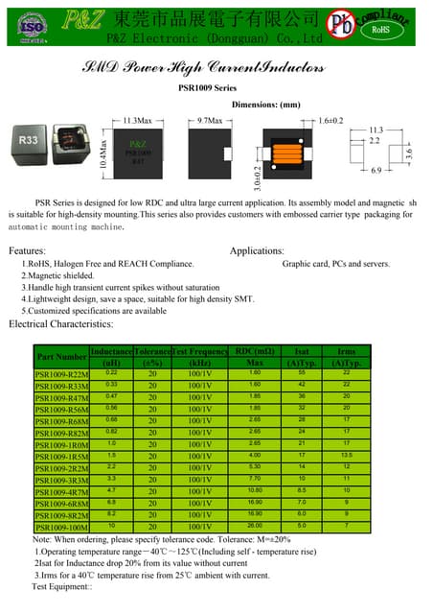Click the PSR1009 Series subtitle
pyautogui.click(x=208, y=87)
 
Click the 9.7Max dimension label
pyautogui.click(x=210, y=120)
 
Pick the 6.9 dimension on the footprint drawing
pyautogui.click(x=376, y=169)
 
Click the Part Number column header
pyautogui.click(x=60, y=357)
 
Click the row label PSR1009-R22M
pyautogui.click(x=60, y=374)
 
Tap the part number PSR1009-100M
pyautogui.click(x=60, y=527)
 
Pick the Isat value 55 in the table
pyautogui.click(x=302, y=372)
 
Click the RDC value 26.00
pyautogui.click(x=254, y=525)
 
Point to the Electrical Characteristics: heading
pyautogui.click(x=61, y=324)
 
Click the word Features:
pyautogui.click(x=27, y=250)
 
